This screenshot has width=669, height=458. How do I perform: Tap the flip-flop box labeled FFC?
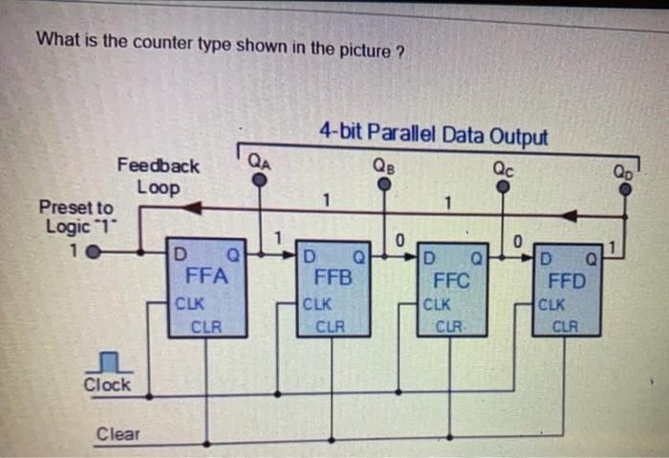tap(452, 287)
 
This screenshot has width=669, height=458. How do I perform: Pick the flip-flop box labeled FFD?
tap(572, 287)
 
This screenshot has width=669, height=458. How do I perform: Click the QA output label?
tap(259, 162)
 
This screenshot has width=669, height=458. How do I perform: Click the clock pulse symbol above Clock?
tap(108, 360)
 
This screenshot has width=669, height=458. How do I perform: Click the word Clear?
tap(118, 434)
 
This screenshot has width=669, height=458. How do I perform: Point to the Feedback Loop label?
tap(159, 176)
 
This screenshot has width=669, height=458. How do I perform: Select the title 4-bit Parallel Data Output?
tap(434, 135)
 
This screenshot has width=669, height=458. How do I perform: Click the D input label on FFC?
tap(430, 256)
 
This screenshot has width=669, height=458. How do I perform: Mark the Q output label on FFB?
tap(358, 256)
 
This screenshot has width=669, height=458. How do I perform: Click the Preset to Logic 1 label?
tap(76, 217)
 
